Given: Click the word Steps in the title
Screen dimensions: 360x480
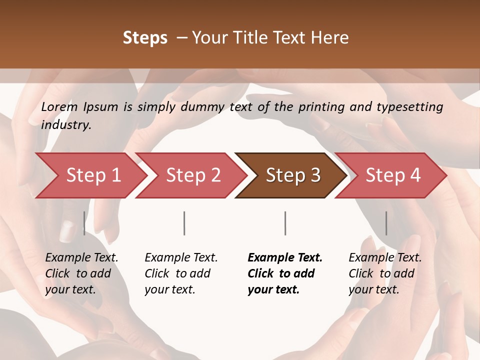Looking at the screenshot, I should pyautogui.click(x=145, y=38).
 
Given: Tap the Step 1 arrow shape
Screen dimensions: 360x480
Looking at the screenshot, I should pyautogui.click(x=90, y=175).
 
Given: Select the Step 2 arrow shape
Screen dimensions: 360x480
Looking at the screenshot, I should pyautogui.click(x=192, y=175).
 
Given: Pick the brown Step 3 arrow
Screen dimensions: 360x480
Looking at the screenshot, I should pyautogui.click(x=292, y=175).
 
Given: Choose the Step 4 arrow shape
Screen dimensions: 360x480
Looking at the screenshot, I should pyautogui.click(x=392, y=175).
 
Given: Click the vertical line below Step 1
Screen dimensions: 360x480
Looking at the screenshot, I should pyautogui.click(x=84, y=223).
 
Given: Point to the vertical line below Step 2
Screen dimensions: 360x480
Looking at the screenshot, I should pyautogui.click(x=184, y=223).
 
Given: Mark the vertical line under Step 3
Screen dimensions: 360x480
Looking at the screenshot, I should pyautogui.click(x=285, y=223).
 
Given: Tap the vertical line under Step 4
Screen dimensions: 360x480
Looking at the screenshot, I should pyautogui.click(x=386, y=223).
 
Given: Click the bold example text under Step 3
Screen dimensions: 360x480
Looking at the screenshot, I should pyautogui.click(x=284, y=273).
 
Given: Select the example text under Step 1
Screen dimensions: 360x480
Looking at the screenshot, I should pyautogui.click(x=81, y=273).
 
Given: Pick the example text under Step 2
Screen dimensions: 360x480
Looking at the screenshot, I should pyautogui.click(x=180, y=273).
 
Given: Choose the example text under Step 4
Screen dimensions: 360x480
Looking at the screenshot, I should pyautogui.click(x=384, y=273).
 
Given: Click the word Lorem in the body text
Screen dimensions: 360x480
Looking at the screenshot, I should pyautogui.click(x=59, y=106).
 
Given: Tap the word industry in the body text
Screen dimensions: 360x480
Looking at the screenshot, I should pyautogui.click(x=66, y=125).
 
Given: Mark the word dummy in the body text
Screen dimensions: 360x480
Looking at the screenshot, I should pyautogui.click(x=203, y=107).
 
